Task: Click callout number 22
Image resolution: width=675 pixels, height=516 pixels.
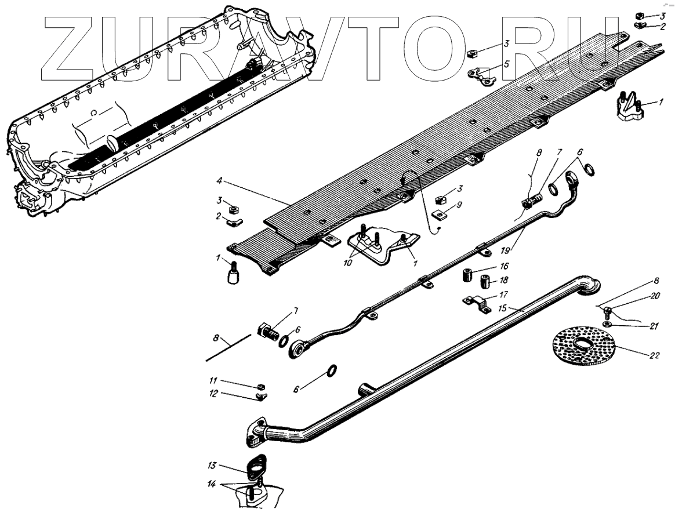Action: coord(653,355)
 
